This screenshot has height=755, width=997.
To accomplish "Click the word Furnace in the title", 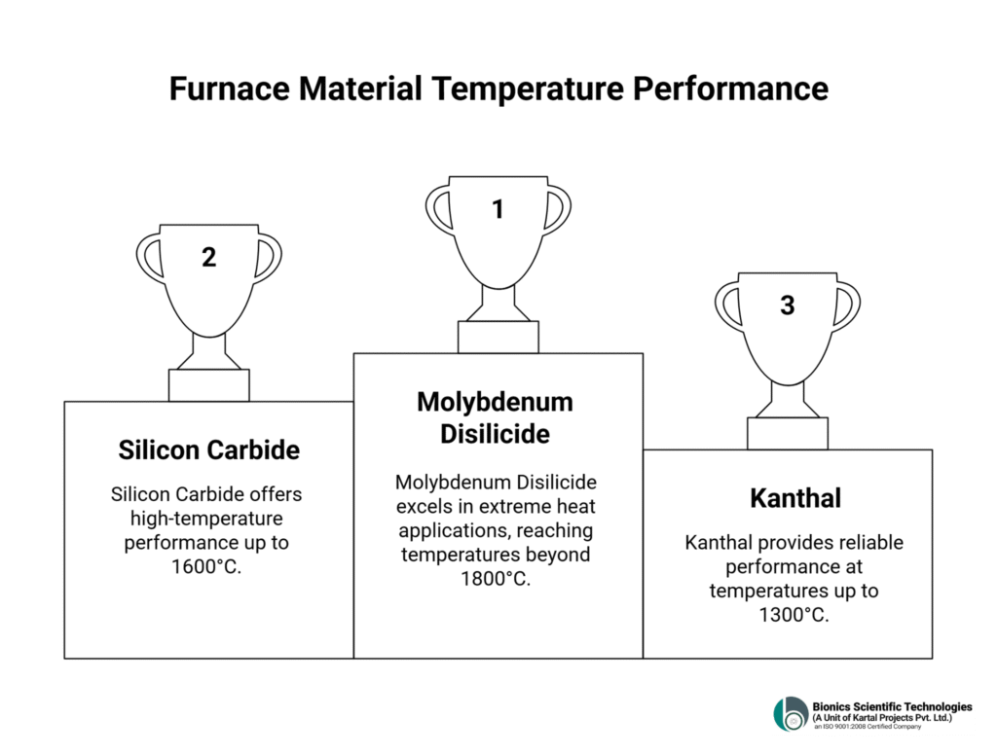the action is [229, 89].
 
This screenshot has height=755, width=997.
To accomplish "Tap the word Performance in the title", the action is [730, 89].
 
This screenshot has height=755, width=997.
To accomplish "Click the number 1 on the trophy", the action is [498, 209].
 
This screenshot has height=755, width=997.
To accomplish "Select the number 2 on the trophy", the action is [208, 257].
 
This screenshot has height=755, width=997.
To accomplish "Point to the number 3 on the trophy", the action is [787, 306].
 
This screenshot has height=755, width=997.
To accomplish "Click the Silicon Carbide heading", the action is [208, 449].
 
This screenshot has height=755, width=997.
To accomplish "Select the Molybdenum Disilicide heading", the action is [495, 417].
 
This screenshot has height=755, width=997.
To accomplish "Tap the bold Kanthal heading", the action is [794, 497].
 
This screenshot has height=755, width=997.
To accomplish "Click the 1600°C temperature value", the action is [206, 566].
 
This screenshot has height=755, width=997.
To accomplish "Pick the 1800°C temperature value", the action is [496, 579].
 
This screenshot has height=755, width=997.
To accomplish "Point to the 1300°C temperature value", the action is [794, 615].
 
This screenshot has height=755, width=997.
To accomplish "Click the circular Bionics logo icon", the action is [791, 714].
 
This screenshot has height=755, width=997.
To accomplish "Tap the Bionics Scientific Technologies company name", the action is [892, 706].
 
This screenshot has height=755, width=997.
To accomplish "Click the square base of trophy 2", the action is [208, 385].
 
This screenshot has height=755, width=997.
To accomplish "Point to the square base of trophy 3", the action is [787, 433].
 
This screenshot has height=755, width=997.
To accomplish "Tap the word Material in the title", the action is [360, 89].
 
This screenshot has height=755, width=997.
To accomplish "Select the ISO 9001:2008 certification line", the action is [868, 727].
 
